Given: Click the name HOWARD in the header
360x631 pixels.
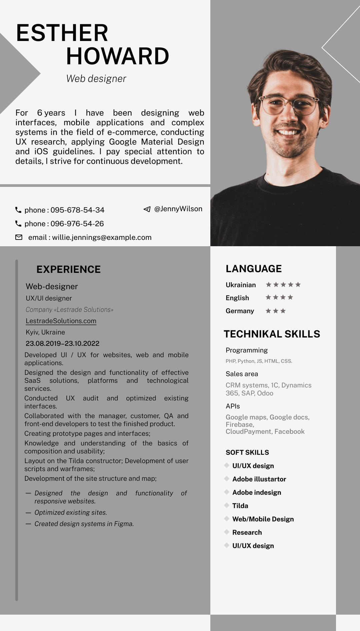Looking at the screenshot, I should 117,56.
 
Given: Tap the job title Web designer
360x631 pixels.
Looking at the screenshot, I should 96,79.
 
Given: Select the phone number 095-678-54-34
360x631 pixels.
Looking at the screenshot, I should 77,210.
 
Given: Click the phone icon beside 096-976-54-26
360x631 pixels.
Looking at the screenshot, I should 18,224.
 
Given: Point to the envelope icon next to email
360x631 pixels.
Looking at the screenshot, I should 19,238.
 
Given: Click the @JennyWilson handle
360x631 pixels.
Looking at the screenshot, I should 178,209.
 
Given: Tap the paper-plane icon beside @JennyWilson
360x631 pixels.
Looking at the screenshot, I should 147,209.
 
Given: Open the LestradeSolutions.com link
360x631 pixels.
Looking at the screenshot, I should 61,321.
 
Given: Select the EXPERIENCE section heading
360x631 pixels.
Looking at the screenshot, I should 68,270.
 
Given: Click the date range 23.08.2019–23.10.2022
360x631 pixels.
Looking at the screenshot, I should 62,343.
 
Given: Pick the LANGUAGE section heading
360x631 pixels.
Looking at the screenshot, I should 254,269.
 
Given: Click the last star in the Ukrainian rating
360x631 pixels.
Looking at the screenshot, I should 298,285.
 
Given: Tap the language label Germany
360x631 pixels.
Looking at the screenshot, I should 240,311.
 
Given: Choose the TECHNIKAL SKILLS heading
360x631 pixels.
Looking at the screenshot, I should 272,334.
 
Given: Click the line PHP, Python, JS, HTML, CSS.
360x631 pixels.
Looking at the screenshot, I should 259,361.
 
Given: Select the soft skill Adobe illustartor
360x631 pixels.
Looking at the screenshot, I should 259,479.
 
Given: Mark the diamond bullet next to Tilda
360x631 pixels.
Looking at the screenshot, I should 227,505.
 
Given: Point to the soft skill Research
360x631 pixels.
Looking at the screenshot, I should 247,533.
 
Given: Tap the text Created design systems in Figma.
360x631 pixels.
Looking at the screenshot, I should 84,524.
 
